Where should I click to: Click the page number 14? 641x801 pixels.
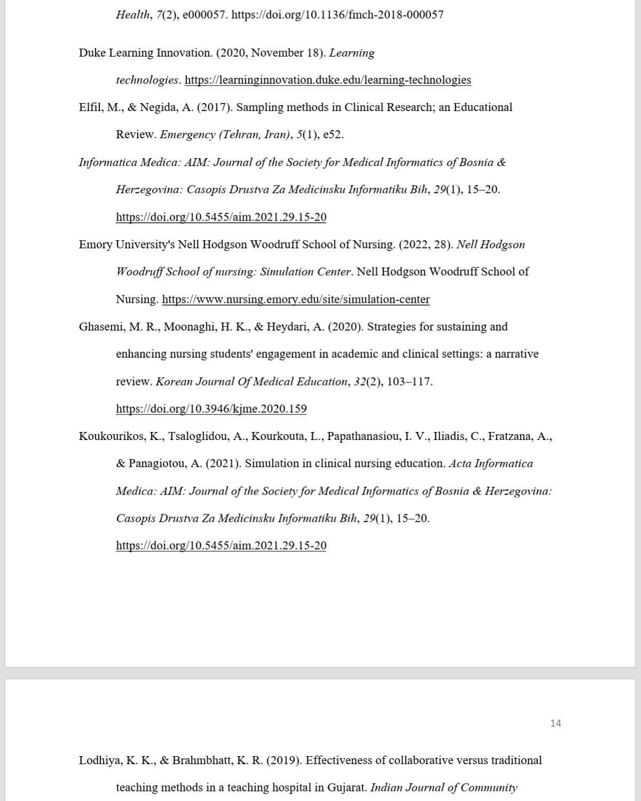click(556, 723)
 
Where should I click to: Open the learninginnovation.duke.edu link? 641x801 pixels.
click(327, 80)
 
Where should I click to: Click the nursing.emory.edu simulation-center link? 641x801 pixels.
click(295, 299)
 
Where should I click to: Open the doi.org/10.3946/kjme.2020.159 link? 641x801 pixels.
click(211, 409)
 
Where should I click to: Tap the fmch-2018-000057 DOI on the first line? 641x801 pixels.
click(338, 14)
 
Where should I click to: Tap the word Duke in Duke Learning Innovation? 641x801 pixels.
click(92, 53)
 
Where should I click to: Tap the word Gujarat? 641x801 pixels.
click(347, 788)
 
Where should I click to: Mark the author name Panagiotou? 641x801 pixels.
click(159, 464)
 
